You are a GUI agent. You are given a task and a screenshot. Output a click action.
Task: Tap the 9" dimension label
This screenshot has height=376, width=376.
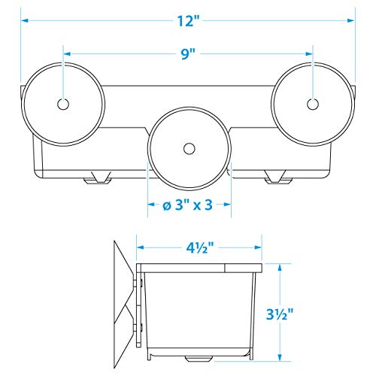pyautogui.click(x=187, y=54)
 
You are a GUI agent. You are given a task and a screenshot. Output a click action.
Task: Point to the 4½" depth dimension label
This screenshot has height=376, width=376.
pyautogui.click(x=199, y=244)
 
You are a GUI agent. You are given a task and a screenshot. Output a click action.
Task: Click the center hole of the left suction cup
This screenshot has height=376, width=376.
pyautogui.click(x=62, y=104)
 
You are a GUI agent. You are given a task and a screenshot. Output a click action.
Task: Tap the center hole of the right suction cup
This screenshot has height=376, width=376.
pyautogui.click(x=313, y=104)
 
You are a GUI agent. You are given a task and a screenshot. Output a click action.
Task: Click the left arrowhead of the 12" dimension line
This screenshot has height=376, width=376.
pyautogui.click(x=25, y=22)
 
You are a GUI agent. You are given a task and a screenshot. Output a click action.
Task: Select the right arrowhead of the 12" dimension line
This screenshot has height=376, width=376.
pyautogui.click(x=351, y=22)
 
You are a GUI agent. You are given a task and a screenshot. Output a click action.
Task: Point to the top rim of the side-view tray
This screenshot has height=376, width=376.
pyautogui.click(x=199, y=266)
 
